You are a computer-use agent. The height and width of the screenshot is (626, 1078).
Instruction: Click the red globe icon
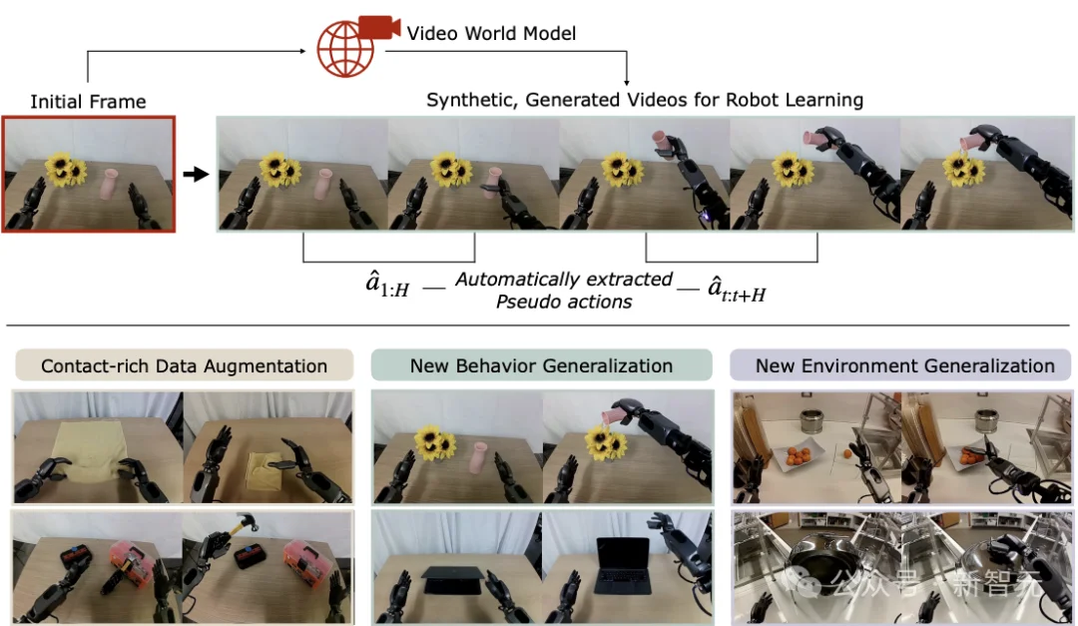coord(344,50)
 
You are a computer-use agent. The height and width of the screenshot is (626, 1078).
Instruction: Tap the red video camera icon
coord(379,27)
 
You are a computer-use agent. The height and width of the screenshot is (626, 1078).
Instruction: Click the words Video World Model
coord(491,33)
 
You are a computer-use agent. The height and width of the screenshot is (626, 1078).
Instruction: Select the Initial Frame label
coord(88,102)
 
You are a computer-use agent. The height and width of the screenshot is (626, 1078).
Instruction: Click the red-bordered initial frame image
coord(89,174)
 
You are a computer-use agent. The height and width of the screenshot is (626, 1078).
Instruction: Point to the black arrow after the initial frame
coord(196,174)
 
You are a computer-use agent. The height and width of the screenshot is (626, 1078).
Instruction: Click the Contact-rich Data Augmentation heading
coord(185,366)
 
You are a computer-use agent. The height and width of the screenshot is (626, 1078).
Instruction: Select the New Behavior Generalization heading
coord(541,366)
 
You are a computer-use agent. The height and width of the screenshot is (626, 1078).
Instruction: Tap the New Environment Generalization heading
coord(904,366)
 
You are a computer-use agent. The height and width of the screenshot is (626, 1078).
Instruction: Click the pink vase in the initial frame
coord(109,184)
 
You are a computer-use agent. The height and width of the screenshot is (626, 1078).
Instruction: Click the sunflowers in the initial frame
coord(66,169)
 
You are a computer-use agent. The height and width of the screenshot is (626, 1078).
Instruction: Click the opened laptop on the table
coord(622,565)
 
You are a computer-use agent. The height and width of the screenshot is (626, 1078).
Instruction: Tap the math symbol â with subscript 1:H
coord(387,285)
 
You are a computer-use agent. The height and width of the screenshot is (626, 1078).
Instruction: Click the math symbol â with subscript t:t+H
coord(737,289)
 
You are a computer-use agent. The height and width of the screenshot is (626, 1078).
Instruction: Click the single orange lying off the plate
coord(847,453)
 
